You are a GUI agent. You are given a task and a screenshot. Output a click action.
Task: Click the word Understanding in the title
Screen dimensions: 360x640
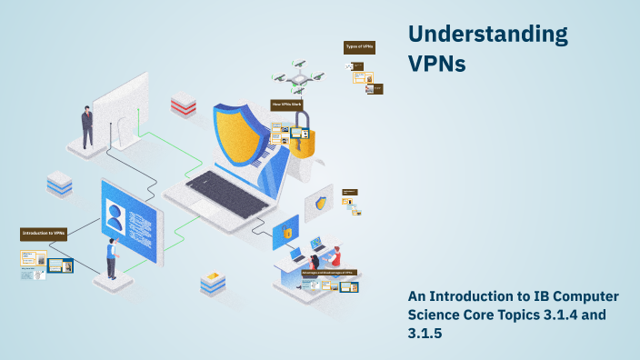click(487, 35)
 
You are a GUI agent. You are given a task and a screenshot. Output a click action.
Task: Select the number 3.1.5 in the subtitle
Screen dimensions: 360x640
click(425, 332)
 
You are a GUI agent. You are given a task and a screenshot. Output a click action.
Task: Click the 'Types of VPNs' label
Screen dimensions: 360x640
click(359, 46)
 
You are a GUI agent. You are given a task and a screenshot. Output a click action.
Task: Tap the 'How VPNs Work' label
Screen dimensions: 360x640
click(286, 105)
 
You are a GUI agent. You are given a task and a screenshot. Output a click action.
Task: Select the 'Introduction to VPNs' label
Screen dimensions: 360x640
click(45, 234)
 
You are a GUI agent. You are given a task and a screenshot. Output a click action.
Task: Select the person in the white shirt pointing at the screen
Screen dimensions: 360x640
click(112, 257)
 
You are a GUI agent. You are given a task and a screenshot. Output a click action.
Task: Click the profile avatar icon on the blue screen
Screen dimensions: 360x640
click(115, 218)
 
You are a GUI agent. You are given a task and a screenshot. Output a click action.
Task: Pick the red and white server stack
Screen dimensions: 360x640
click(183, 104)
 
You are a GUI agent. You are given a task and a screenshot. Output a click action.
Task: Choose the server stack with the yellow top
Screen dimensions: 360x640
click(213, 283)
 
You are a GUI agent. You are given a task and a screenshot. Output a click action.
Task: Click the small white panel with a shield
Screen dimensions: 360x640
click(320, 204)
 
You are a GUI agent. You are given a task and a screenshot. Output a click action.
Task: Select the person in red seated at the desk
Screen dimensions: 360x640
click(335, 256)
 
